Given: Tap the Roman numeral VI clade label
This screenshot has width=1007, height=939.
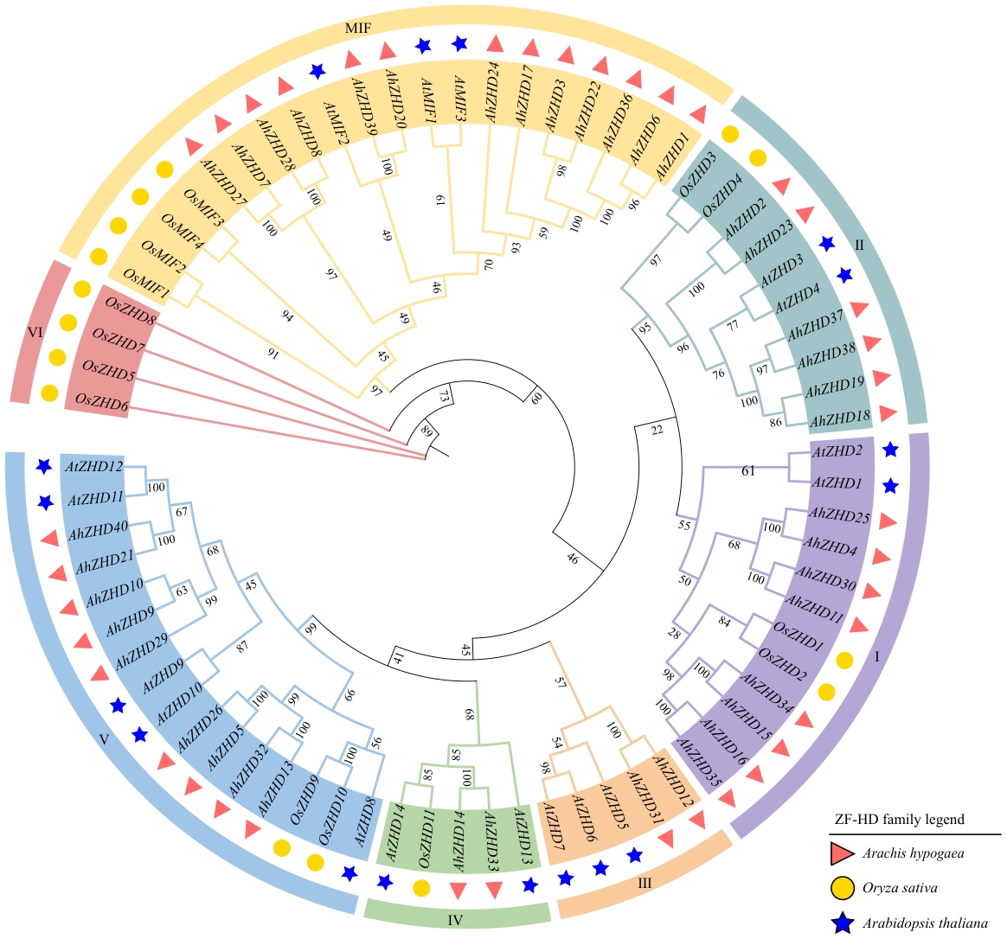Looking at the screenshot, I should pyautogui.click(x=36, y=331).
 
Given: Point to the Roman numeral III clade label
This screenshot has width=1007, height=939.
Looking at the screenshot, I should pyautogui.click(x=644, y=884).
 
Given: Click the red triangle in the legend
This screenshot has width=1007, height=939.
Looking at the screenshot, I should pyautogui.click(x=843, y=853).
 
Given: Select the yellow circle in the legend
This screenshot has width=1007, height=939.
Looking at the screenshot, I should pyautogui.click(x=843, y=888).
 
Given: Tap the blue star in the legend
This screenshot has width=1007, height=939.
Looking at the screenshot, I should pyautogui.click(x=843, y=923).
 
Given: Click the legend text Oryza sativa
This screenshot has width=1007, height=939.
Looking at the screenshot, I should pyautogui.click(x=900, y=888).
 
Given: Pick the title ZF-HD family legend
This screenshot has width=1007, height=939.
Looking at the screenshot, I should pyautogui.click(x=899, y=819).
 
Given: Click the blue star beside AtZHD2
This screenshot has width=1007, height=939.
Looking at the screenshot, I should pyautogui.click(x=890, y=450).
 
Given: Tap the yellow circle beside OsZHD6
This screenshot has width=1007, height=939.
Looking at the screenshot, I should pyautogui.click(x=49, y=393).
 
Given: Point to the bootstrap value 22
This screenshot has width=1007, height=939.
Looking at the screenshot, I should pyautogui.click(x=657, y=430).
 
